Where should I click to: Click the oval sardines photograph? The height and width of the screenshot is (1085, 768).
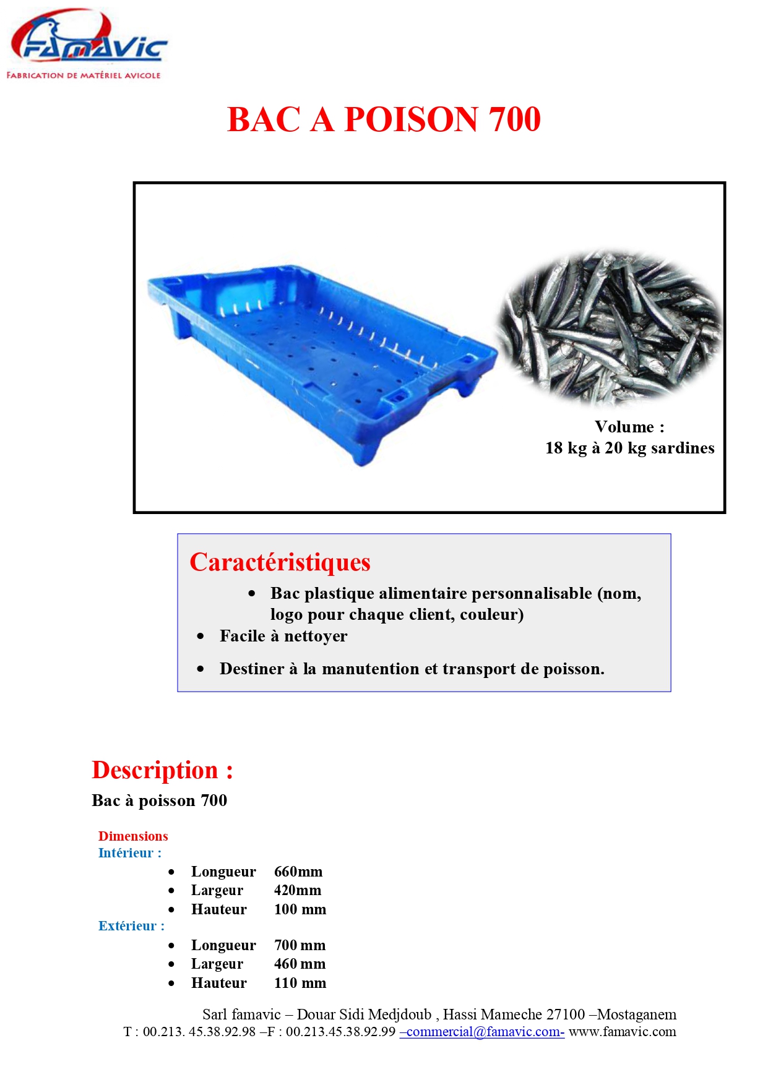click(x=610, y=328)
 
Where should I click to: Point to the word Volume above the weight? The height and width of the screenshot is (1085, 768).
click(x=624, y=427)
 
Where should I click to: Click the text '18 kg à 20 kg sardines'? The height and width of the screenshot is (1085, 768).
click(x=629, y=448)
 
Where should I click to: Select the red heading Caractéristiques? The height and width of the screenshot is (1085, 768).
click(x=280, y=562)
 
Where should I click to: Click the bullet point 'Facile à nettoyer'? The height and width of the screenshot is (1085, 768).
click(x=283, y=636)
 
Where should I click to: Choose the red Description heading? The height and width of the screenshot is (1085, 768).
click(x=162, y=770)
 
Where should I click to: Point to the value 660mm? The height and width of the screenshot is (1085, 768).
click(x=298, y=872)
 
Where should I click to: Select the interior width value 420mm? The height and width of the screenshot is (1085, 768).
click(x=297, y=890)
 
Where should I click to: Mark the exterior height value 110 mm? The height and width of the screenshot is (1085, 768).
click(x=300, y=983)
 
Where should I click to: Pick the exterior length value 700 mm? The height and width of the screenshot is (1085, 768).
click(x=300, y=945)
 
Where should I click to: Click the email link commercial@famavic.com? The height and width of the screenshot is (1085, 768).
click(x=482, y=1032)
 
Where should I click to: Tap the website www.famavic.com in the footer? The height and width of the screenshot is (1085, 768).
click(x=622, y=1032)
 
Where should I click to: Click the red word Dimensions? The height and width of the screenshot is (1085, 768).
click(x=133, y=836)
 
